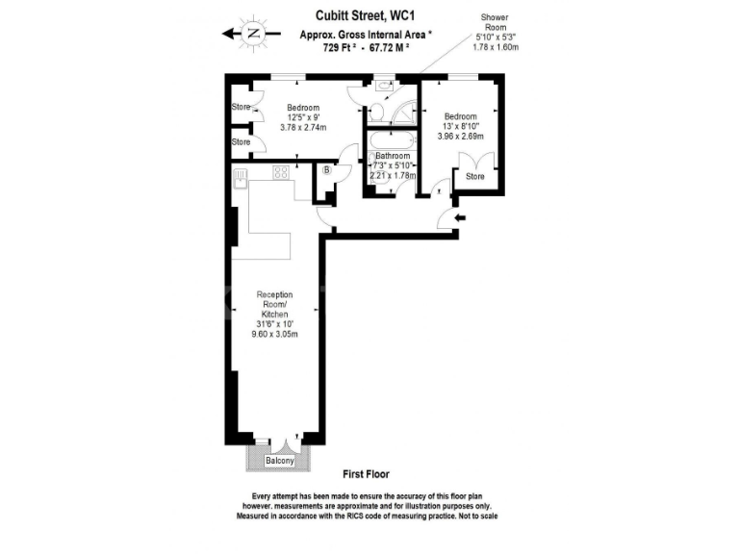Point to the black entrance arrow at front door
coord(460,218)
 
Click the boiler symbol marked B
coord(327,171)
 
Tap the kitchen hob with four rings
coord(282,173)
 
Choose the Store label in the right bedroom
coord(474,176)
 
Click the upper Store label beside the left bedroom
coord(240,107)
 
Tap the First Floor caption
coord(366,475)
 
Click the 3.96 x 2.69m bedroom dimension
coord(460,138)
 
